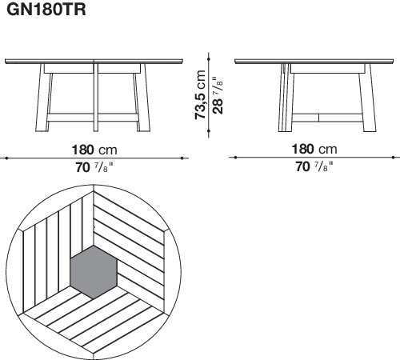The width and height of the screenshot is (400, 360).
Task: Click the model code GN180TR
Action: tap(46, 10)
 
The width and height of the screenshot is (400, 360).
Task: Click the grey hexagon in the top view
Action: tap(94, 272)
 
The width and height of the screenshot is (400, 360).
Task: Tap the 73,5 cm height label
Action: tap(200, 94)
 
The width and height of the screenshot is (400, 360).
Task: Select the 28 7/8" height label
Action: tap(218, 95)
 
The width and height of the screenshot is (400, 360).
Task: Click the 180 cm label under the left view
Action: tap(94, 150)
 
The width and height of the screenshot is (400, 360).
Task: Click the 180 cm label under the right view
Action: tap(314, 149)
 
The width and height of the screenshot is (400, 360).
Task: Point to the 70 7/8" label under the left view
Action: tap(94, 167)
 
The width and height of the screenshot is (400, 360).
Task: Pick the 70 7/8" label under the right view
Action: tap(314, 166)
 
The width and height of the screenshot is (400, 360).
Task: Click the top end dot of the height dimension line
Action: tap(209, 58)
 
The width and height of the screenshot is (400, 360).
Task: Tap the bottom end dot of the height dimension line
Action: tap(209, 131)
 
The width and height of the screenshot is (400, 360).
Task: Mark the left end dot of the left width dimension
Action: tap(6, 158)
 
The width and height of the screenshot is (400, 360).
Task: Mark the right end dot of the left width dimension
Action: tap(182, 158)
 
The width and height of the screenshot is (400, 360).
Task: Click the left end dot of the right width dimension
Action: tap(235, 158)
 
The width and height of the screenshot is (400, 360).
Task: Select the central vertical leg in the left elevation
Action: tap(96, 98)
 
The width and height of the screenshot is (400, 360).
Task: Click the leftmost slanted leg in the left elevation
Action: tap(42, 98)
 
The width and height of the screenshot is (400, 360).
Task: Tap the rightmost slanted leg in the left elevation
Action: tap(142, 98)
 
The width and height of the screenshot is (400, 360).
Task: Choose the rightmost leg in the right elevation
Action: tap(368, 98)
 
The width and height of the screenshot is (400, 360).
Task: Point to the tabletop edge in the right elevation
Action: tap(314, 62)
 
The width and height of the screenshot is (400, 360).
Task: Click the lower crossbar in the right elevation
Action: tap(327, 118)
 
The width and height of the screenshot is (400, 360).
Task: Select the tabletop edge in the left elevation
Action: tap(94, 62)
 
